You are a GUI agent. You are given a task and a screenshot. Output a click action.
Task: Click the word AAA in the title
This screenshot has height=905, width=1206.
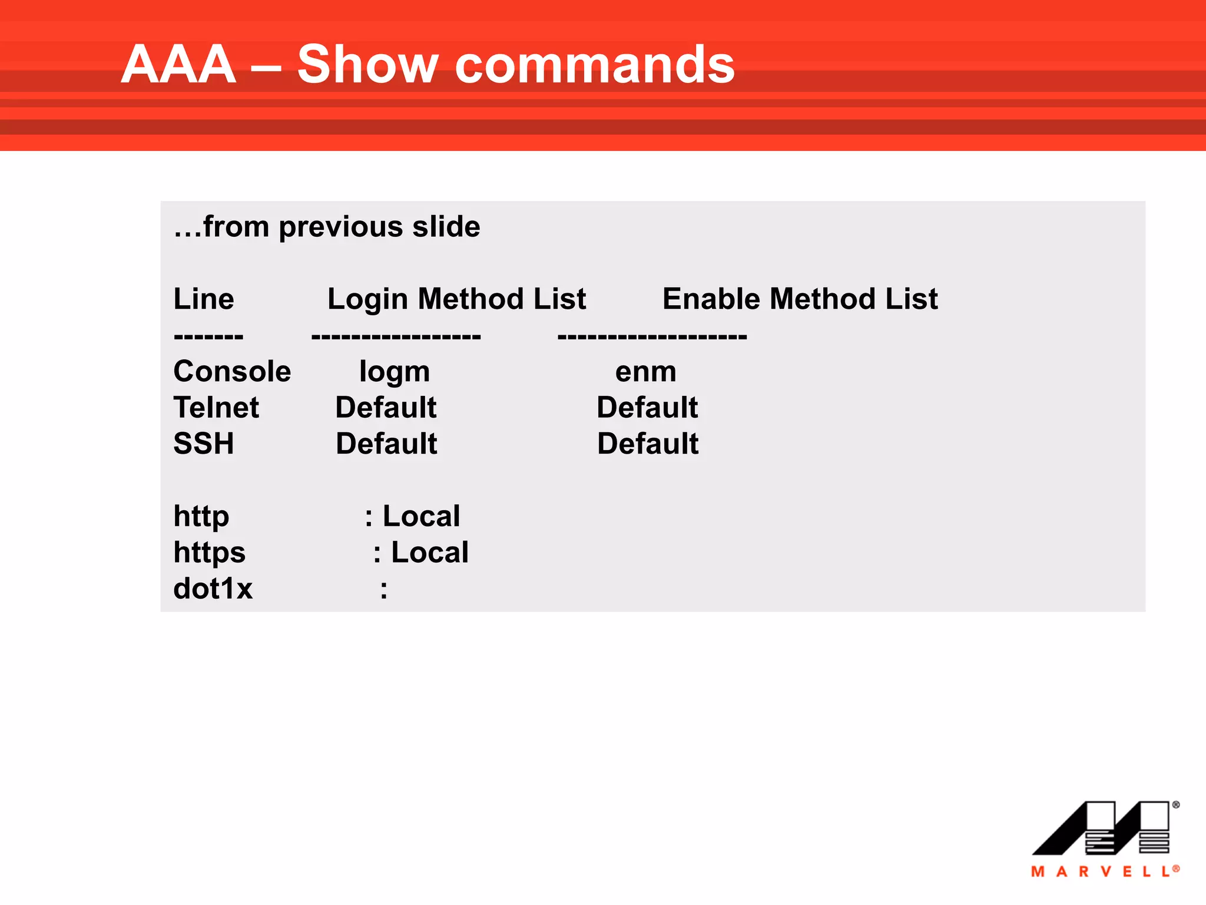pyautogui.click(x=179, y=65)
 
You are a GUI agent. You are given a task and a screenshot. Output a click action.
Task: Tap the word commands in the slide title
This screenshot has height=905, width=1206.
pyautogui.click(x=595, y=65)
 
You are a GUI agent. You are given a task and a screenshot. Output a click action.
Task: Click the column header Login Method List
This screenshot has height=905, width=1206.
pyautogui.click(x=456, y=299)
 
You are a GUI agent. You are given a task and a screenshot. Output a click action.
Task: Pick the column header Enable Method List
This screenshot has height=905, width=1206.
pyautogui.click(x=800, y=299)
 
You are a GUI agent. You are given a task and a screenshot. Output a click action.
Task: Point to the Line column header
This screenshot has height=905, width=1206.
pyautogui.click(x=204, y=299)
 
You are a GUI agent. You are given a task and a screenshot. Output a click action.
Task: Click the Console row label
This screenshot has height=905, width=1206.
pyautogui.click(x=232, y=372)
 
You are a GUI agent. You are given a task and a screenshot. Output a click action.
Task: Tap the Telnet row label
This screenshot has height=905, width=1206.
pyautogui.click(x=216, y=408)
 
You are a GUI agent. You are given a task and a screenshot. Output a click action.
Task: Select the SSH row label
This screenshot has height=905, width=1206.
pyautogui.click(x=204, y=444)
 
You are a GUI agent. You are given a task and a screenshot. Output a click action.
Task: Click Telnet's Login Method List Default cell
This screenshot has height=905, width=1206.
pyautogui.click(x=386, y=408)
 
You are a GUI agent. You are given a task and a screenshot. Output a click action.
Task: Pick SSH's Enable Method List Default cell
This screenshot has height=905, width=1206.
pyautogui.click(x=648, y=444)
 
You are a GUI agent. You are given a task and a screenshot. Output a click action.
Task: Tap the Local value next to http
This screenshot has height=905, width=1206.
pyautogui.click(x=421, y=517)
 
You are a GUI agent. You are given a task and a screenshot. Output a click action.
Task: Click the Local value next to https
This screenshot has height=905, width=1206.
pyautogui.click(x=430, y=553)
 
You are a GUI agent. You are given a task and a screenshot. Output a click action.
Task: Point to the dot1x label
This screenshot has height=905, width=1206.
pyautogui.click(x=213, y=589)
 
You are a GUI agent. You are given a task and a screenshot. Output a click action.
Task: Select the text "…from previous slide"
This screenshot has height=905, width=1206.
pyautogui.click(x=327, y=227)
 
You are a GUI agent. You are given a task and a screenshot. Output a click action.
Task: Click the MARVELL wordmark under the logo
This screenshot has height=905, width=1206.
pyautogui.click(x=1105, y=871)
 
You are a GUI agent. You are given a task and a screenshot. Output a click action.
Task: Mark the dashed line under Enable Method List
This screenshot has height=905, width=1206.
pyautogui.click(x=652, y=337)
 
